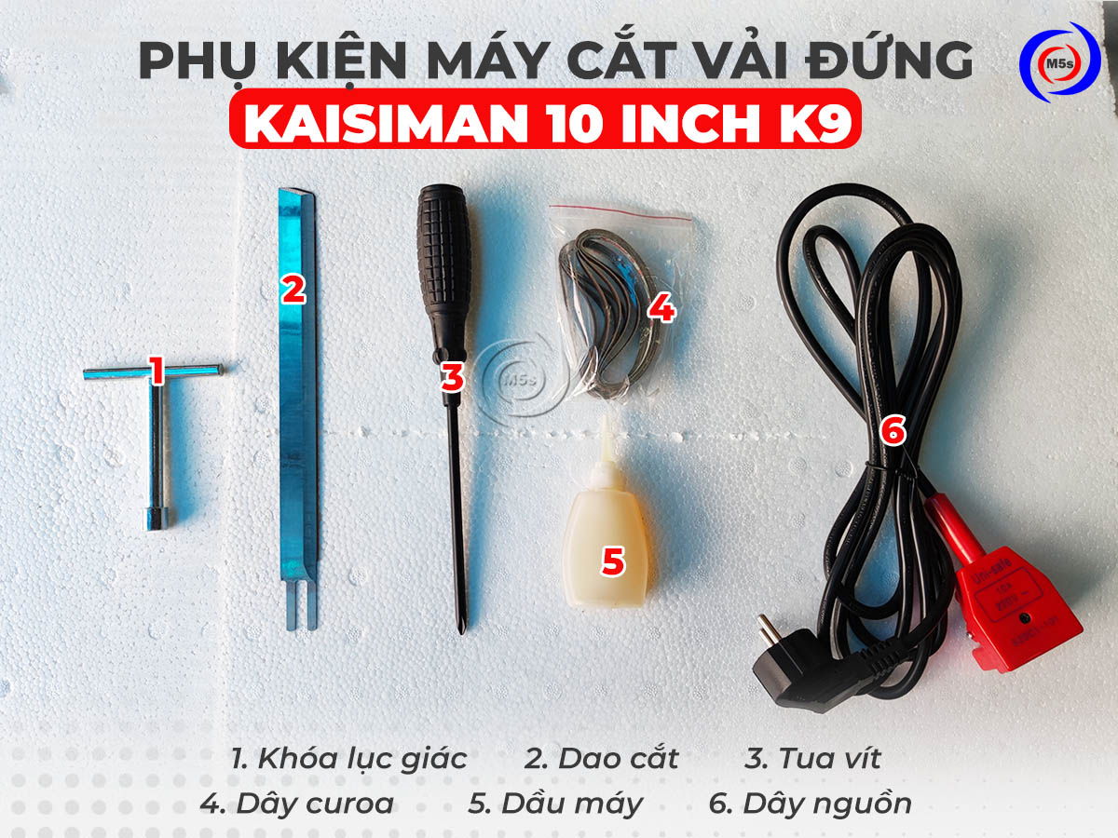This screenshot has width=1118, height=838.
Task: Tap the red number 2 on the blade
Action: pos(293,290)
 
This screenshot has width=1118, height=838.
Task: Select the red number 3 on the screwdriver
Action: pos(452,378)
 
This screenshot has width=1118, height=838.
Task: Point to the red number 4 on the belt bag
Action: pos(661,307)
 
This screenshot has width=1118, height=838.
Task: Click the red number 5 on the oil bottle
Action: pos(612,561)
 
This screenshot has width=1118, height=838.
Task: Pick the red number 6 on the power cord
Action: pos(892,430)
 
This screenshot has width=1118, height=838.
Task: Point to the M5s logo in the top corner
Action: pos(1059,61)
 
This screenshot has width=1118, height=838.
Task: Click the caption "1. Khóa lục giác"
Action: pos(348,758)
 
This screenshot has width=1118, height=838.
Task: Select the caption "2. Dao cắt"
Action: pos(601,758)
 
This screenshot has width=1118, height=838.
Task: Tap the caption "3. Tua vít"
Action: pos(812,758)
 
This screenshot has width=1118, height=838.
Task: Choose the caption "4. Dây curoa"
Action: pos(296,804)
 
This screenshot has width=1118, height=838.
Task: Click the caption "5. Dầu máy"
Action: pos(555,804)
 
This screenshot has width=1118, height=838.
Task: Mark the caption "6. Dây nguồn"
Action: pos(810,804)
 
